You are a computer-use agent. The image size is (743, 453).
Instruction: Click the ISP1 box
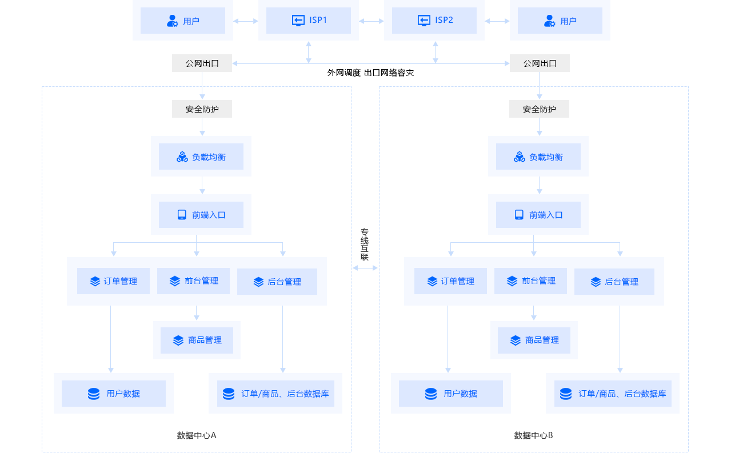tap(309, 20)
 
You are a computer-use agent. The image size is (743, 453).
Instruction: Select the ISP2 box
tap(434, 20)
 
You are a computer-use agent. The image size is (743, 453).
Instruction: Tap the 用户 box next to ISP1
tap(183, 20)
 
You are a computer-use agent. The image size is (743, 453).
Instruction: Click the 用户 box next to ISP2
tap(560, 20)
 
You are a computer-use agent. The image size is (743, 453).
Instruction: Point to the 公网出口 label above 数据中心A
tap(202, 63)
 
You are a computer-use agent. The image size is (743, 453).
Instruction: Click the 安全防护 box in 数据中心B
tap(539, 109)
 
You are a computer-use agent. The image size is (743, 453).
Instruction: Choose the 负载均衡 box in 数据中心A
tap(201, 157)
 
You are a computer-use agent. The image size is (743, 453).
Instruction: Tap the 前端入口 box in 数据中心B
tap(538, 215)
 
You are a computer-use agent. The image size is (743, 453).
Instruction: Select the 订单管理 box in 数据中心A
tap(113, 281)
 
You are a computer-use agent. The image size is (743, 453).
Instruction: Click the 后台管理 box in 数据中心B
tap(614, 282)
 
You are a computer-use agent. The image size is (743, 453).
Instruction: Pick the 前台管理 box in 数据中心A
tap(193, 281)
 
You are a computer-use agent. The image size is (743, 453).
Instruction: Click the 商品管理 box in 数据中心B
tap(534, 340)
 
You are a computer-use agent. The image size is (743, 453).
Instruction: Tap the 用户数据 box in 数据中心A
tap(114, 394)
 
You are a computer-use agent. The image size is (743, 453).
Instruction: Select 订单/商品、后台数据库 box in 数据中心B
tap(613, 394)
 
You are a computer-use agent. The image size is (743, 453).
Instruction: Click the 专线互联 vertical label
tap(365, 244)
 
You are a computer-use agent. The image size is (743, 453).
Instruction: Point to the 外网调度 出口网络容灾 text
tap(370, 73)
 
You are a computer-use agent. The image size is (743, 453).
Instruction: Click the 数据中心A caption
tap(197, 435)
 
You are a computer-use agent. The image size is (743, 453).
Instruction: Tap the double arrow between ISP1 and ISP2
tap(371, 21)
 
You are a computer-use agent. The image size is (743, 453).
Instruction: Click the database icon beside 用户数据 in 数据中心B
tap(431, 394)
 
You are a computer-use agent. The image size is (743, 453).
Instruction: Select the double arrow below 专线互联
tap(365, 268)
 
